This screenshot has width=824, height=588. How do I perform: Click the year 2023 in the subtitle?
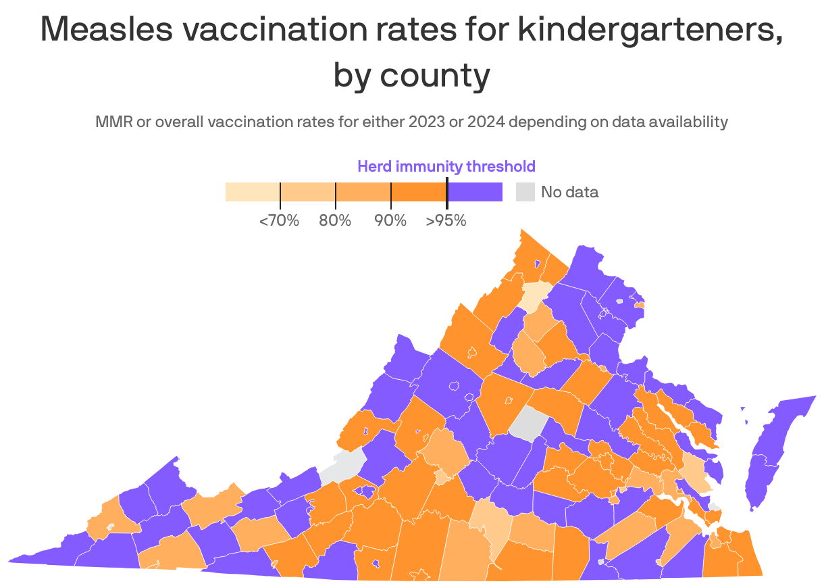[431, 122]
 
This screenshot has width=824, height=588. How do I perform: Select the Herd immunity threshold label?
[446, 166]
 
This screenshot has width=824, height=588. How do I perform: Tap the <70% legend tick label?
[279, 220]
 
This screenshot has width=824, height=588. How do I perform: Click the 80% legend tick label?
[335, 220]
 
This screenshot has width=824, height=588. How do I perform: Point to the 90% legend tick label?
[390, 220]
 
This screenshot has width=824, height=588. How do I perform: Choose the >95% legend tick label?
[446, 220]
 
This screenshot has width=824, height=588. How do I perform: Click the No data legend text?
[569, 192]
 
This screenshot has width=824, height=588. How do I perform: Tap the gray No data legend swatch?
[525, 192]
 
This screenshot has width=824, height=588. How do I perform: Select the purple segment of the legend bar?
[475, 192]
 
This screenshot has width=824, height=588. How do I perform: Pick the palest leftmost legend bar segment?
[252, 192]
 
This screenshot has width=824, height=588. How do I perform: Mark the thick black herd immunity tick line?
[446, 191]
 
